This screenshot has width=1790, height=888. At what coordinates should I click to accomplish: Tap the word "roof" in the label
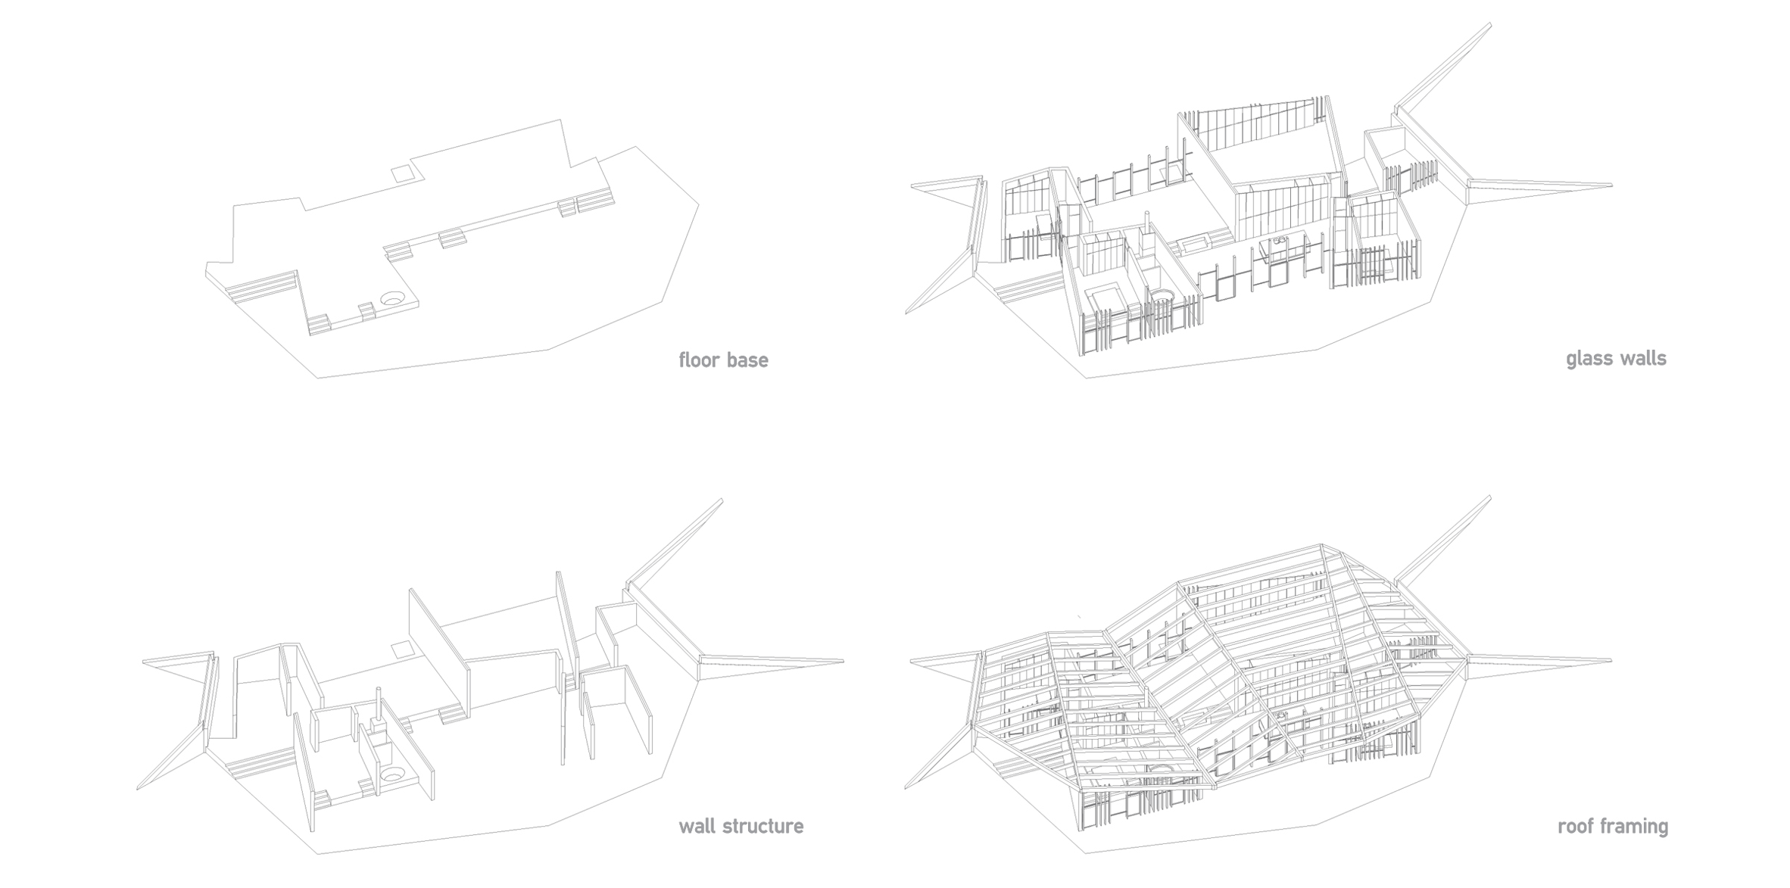point(1573,826)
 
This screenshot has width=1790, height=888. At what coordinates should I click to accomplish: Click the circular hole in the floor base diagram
point(391,299)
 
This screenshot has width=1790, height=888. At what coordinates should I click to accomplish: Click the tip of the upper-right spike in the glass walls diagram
point(1490,23)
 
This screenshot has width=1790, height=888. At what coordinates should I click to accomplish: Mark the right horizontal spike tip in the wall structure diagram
point(843,661)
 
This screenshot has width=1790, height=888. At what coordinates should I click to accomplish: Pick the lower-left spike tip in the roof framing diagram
point(906,788)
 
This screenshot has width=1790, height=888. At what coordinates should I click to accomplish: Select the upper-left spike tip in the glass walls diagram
point(912,185)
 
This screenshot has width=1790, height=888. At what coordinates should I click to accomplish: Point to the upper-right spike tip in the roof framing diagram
point(1490,497)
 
